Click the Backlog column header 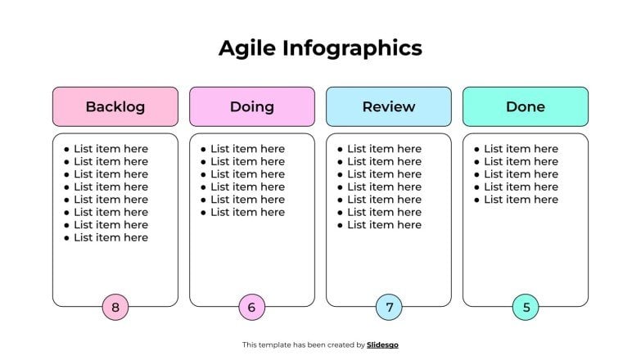[115, 106]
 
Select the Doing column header [251, 106]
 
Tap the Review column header [388, 106]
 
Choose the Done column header [525, 106]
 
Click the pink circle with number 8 [115, 308]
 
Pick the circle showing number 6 [251, 308]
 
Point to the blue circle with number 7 [389, 308]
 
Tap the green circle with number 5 [526, 308]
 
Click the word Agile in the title [247, 48]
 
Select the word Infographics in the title [352, 48]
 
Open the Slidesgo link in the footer [382, 345]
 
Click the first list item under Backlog [111, 149]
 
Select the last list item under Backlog [111, 237]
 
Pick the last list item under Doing [247, 212]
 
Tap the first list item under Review [384, 149]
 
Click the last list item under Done [521, 200]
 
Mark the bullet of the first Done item [476, 149]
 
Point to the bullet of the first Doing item [203, 149]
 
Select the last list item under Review [384, 225]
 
